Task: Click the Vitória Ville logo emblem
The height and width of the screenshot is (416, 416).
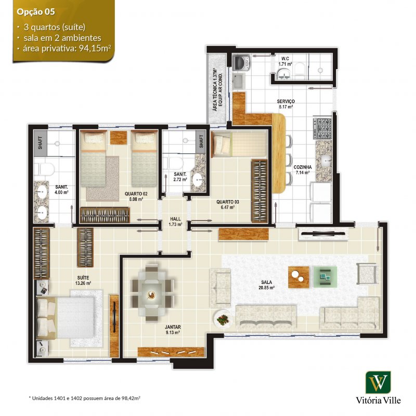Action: coord(378,382)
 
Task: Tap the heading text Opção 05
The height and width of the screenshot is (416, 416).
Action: coord(35,12)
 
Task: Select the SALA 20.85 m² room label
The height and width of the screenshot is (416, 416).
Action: coord(266,285)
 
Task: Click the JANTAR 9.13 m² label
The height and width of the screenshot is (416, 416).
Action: coord(173,330)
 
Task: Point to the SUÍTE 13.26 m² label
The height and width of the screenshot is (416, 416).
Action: coord(83,280)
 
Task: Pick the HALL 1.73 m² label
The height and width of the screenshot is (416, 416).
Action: coord(175,222)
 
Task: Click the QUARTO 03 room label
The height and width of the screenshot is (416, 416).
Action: coord(228,202)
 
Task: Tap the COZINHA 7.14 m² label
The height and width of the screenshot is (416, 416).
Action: coord(303,170)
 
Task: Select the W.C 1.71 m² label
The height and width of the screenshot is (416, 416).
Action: coord(285,61)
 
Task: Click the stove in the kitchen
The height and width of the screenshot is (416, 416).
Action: coord(322,128)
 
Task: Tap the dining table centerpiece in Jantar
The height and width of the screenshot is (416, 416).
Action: coord(151,295)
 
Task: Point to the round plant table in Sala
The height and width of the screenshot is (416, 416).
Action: coord(223,319)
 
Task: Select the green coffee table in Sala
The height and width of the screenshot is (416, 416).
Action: coord(326,277)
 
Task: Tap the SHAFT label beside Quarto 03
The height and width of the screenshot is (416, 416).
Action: coord(201,141)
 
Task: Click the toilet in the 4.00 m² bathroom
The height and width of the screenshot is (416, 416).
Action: coord(44,169)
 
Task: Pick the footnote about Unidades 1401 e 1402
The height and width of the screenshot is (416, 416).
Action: coord(84,398)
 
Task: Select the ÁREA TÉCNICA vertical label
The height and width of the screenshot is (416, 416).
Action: coord(217,89)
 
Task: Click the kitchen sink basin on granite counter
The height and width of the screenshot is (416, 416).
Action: coord(326,160)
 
